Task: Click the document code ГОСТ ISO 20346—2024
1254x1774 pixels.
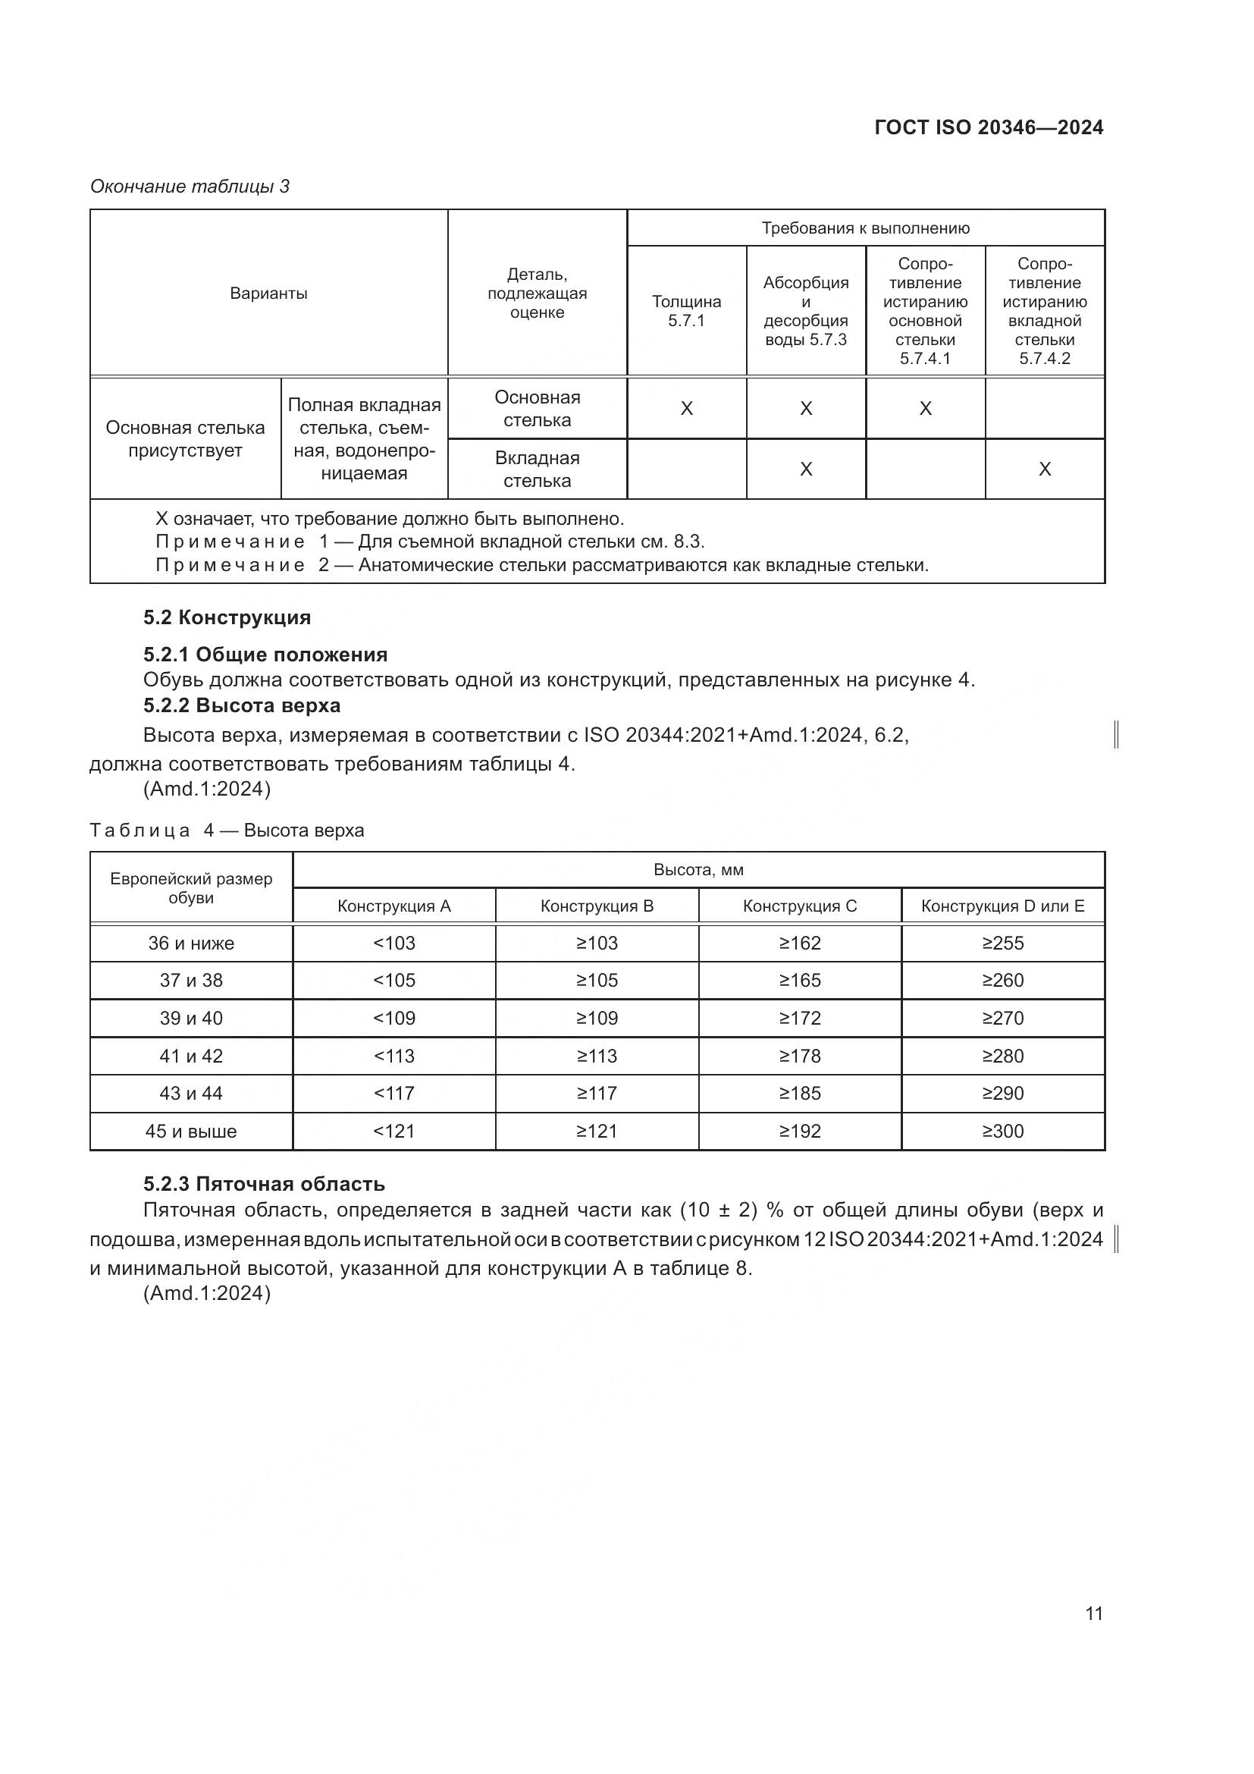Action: pyautogui.click(x=989, y=127)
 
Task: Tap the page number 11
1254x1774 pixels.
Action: pyautogui.click(x=1093, y=1613)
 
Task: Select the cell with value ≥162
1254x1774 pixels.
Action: pyautogui.click(x=799, y=943)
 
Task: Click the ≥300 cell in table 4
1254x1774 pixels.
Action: pyautogui.click(x=1002, y=1131)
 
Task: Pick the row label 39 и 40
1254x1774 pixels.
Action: pyautogui.click(x=191, y=1018)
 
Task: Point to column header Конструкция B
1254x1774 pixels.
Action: pyautogui.click(x=596, y=906)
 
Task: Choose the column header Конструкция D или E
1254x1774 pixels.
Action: pyautogui.click(x=1002, y=906)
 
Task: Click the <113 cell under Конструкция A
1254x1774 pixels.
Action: pyautogui.click(x=393, y=1056)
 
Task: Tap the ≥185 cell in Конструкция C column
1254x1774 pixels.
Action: pyautogui.click(x=799, y=1094)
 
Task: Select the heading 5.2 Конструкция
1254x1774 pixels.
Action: pyautogui.click(x=227, y=617)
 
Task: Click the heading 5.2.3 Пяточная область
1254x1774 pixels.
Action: pyautogui.click(x=264, y=1184)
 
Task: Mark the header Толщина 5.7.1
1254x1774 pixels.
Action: pyautogui.click(x=685, y=311)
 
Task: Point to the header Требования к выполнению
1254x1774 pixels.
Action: pyautogui.click(x=865, y=228)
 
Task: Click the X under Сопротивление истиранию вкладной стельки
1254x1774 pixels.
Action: pyautogui.click(x=1044, y=469)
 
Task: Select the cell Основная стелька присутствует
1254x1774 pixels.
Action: pyautogui.click(x=184, y=439)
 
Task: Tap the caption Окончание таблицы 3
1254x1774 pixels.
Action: pyautogui.click(x=190, y=187)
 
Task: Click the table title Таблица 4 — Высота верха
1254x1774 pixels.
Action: pyautogui.click(x=226, y=830)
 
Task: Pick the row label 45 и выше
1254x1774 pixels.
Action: pyautogui.click(x=191, y=1131)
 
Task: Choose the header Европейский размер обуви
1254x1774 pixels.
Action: pyautogui.click(x=191, y=888)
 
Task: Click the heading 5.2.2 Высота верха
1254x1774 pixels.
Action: pyautogui.click(x=242, y=705)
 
